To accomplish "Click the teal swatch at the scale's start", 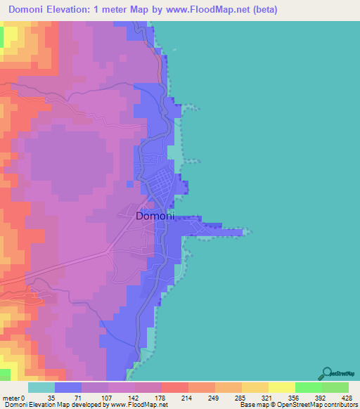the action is [41, 388].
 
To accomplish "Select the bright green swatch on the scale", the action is [309, 388].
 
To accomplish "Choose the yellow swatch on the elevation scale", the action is [281, 388].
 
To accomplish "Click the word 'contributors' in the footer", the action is [340, 404].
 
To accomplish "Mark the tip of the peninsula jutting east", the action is [248, 231].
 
